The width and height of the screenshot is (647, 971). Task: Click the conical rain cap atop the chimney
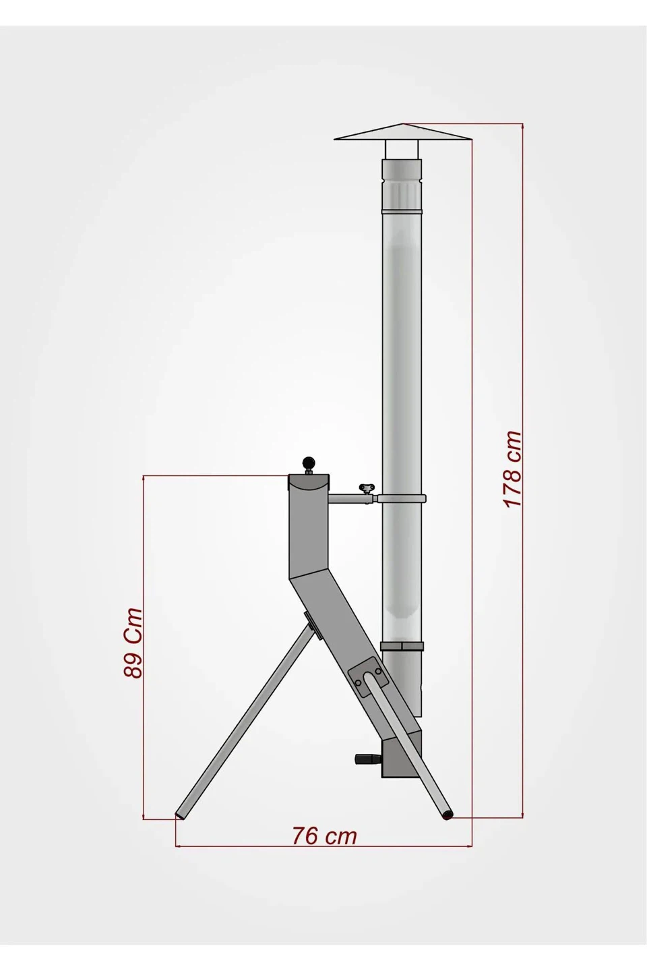[x=402, y=132]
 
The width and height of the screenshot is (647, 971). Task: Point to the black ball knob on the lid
[x=308, y=463]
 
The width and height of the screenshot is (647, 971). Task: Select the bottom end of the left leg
[x=181, y=815]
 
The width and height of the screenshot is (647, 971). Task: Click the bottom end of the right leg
[x=446, y=815]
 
